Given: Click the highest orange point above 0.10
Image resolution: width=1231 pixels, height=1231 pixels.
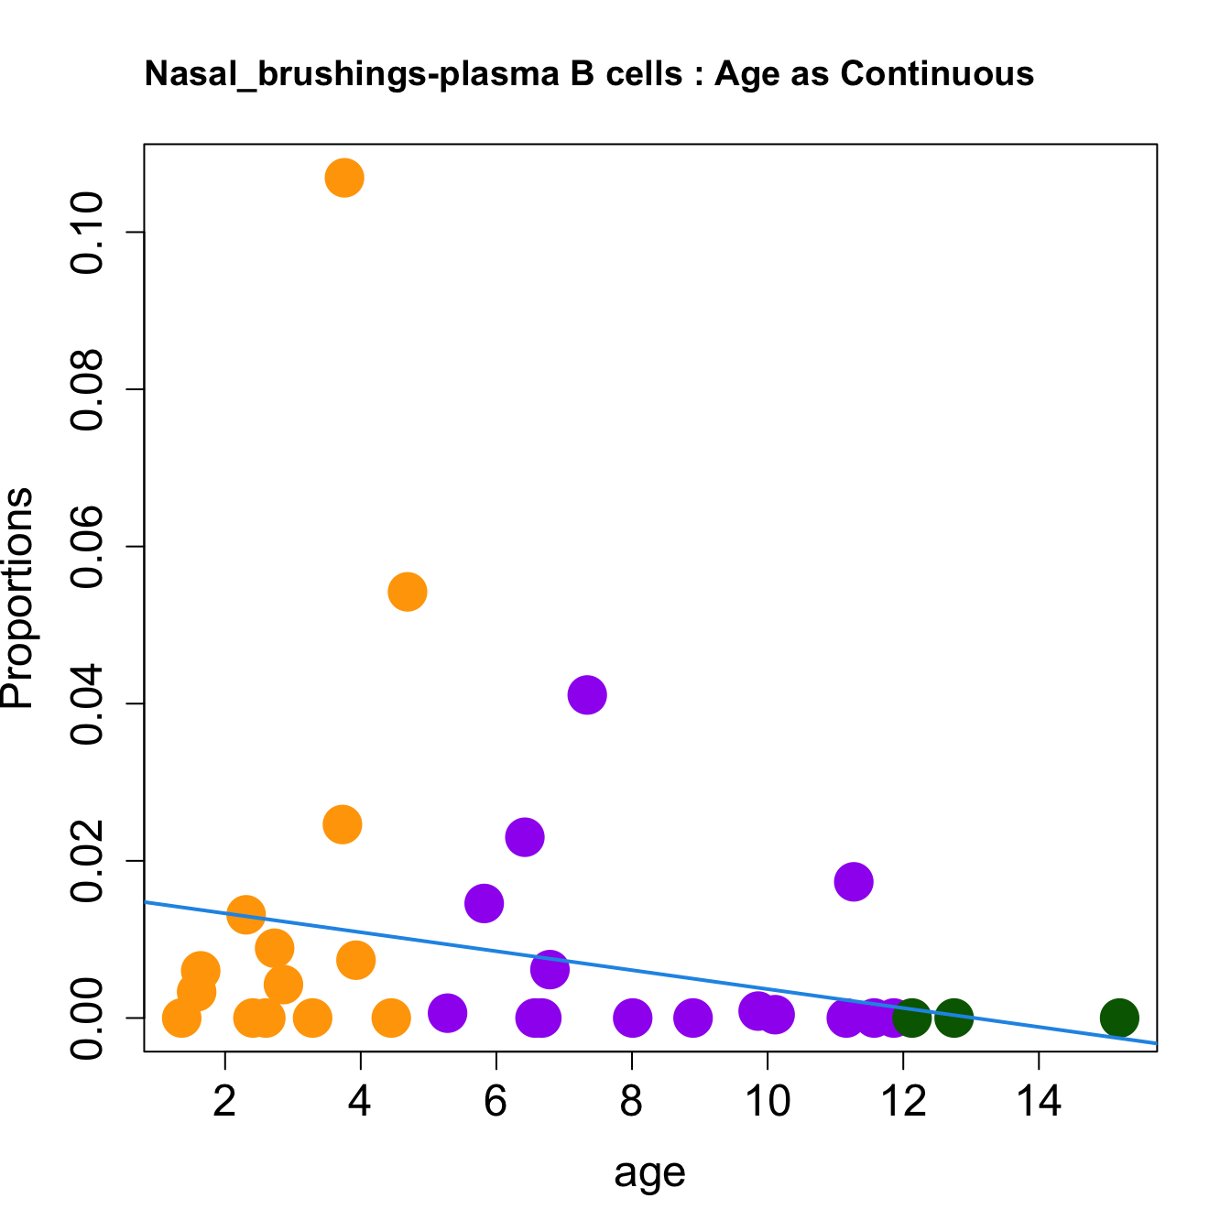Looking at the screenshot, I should point(344,178).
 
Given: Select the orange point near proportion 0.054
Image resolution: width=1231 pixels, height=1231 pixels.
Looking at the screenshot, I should point(408,592).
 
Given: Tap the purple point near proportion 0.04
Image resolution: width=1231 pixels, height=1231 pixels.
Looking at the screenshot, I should point(587,695).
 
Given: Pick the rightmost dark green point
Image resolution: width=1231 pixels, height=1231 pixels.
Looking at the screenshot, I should point(1119,1017).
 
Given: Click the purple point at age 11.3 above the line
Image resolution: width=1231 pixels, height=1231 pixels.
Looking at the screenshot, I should point(854,882).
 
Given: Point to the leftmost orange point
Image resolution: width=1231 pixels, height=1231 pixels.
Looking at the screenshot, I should point(181,1017).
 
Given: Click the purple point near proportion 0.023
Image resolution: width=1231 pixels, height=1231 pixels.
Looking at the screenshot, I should point(525,836).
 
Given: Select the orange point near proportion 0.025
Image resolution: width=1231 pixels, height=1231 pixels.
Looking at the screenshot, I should point(343,824).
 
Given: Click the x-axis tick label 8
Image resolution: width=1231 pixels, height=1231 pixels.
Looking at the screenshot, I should point(631,1102).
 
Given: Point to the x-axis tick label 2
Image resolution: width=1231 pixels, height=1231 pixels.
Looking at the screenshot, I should point(224,1102).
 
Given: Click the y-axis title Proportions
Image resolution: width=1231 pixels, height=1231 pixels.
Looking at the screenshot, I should point(18,598).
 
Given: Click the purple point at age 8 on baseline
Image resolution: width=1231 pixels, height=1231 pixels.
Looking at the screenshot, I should point(632,1017).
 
